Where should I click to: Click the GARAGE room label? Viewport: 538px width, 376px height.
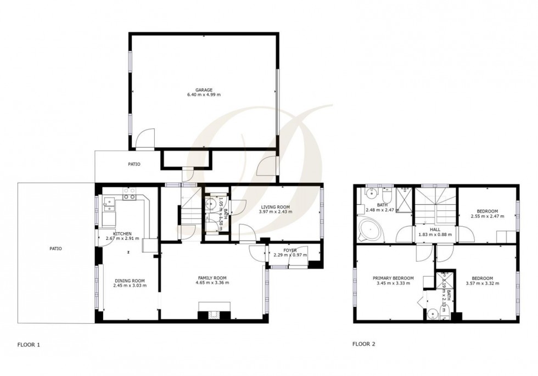click(x=204, y=90)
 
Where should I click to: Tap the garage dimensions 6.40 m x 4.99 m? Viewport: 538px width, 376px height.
click(x=204, y=96)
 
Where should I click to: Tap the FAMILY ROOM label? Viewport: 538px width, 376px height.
click(x=212, y=278)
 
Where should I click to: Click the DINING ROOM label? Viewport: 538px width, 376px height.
click(x=128, y=280)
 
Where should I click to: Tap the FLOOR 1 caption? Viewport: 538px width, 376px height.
click(x=28, y=345)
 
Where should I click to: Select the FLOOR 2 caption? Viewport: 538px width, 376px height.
click(x=363, y=345)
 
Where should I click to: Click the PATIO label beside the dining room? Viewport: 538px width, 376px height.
click(x=56, y=249)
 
